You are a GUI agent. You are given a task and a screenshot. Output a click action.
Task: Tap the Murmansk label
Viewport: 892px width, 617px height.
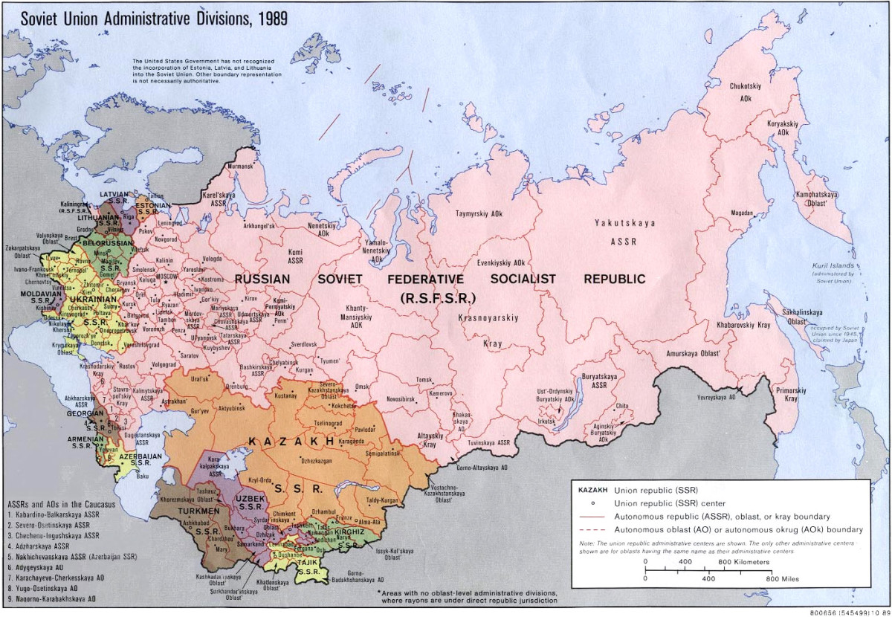[239, 167]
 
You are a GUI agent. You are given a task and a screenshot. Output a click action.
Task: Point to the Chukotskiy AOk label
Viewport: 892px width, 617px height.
[744, 91]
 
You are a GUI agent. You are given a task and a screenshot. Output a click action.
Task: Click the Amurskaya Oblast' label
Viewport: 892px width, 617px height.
[692, 353]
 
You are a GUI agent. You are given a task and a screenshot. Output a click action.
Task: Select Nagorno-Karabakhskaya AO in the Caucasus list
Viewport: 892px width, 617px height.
[54, 598]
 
